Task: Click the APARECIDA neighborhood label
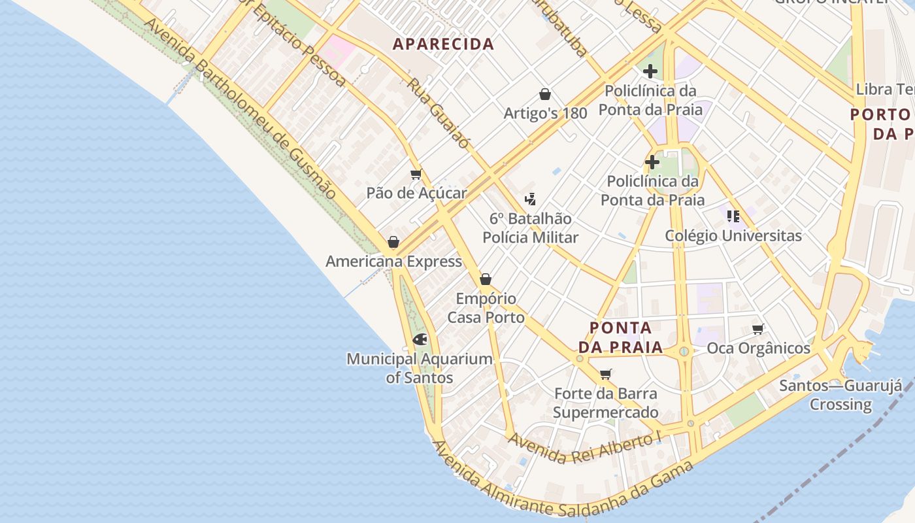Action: point(443,44)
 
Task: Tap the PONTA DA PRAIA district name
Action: point(620,337)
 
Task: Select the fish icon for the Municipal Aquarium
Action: point(420,339)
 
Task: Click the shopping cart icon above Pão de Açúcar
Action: point(416,174)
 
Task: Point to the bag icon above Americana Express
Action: point(393,243)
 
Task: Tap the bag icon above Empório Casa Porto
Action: point(486,280)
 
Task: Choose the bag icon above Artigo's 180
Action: point(545,94)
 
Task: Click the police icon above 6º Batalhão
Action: point(531,199)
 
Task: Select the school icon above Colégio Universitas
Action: point(733,216)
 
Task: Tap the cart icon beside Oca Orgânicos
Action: point(758,329)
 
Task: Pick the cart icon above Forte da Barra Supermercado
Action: point(606,375)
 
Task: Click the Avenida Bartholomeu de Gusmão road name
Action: point(241,109)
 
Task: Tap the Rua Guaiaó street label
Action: point(438,113)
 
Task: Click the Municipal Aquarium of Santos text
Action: point(420,368)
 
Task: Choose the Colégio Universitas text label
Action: point(733,236)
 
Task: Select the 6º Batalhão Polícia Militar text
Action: point(531,228)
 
